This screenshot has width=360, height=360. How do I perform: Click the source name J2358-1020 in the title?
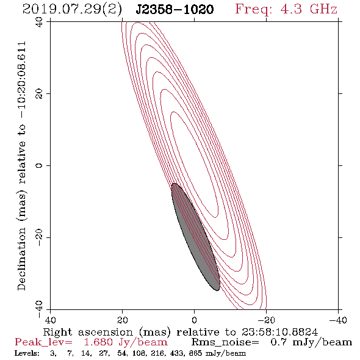(x=175, y=9)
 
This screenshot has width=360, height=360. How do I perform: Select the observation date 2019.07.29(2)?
(x=72, y=10)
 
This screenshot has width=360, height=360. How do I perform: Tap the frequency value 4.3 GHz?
(x=309, y=9)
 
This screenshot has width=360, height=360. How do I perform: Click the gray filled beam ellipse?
(x=196, y=237)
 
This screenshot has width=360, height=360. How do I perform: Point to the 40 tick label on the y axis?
(x=39, y=22)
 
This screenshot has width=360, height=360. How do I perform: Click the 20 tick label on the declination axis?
(x=39, y=94)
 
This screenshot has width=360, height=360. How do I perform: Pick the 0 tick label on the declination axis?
(x=39, y=165)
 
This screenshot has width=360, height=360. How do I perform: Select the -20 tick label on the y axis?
(x=39, y=237)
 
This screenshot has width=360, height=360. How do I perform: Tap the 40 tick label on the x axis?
(x=50, y=320)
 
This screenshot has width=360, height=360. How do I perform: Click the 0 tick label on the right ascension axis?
(x=194, y=320)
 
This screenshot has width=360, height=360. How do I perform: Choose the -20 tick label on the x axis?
(x=266, y=320)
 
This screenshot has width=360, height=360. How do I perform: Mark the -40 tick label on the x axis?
(x=338, y=320)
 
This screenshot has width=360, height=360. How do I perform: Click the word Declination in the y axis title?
(x=21, y=259)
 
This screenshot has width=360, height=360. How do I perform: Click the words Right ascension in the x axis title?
(x=88, y=333)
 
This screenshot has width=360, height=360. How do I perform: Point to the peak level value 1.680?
(x=98, y=342)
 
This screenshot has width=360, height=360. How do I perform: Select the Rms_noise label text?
(x=225, y=342)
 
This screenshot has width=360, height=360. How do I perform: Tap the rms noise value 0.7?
(x=278, y=342)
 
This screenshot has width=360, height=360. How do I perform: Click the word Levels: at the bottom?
(x=27, y=353)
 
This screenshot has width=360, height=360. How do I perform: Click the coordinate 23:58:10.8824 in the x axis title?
(x=279, y=332)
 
